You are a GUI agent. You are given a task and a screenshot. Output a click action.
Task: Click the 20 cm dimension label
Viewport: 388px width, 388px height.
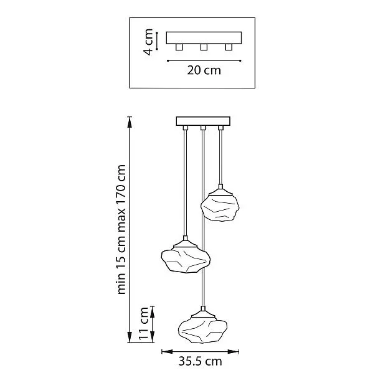(204, 70)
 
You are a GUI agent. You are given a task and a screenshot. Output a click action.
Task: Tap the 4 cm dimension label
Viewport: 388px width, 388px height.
(148, 42)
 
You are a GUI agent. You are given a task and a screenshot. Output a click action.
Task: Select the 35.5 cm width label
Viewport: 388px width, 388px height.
(200, 361)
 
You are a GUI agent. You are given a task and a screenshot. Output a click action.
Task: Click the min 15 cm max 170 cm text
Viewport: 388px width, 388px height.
(121, 229)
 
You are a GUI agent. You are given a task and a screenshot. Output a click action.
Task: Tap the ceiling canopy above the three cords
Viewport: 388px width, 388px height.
(203, 121)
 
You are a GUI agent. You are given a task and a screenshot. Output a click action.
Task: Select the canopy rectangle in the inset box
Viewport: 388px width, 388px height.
(204, 38)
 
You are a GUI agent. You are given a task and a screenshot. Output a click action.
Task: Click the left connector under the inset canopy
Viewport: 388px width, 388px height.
(179, 47)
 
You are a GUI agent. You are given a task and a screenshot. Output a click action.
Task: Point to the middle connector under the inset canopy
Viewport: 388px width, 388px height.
(204, 47)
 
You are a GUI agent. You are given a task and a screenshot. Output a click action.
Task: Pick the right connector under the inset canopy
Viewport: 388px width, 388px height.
(229, 47)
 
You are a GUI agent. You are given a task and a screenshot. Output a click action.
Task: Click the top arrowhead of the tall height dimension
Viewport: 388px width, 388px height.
(130, 122)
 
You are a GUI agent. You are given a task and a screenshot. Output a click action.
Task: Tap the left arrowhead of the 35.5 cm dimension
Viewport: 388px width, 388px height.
(167, 351)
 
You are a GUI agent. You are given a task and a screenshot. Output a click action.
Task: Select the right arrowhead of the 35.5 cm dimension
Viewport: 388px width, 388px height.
(234, 351)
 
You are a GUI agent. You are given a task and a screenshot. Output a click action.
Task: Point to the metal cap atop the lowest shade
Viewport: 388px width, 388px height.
(203, 313)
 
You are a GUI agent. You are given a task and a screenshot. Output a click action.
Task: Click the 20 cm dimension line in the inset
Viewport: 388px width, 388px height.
(204, 60)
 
